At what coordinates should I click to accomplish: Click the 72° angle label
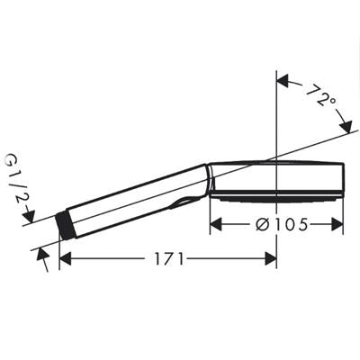click(x=321, y=96)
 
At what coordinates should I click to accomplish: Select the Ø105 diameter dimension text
click(x=282, y=224)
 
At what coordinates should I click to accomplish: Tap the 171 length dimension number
click(x=169, y=259)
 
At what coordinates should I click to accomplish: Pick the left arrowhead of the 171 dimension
click(x=66, y=259)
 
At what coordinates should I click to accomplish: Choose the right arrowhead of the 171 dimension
click(x=270, y=259)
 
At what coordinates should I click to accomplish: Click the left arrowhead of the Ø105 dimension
click(x=216, y=224)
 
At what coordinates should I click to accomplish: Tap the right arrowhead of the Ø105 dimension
click(x=337, y=224)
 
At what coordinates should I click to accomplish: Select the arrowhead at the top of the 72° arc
click(x=283, y=81)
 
